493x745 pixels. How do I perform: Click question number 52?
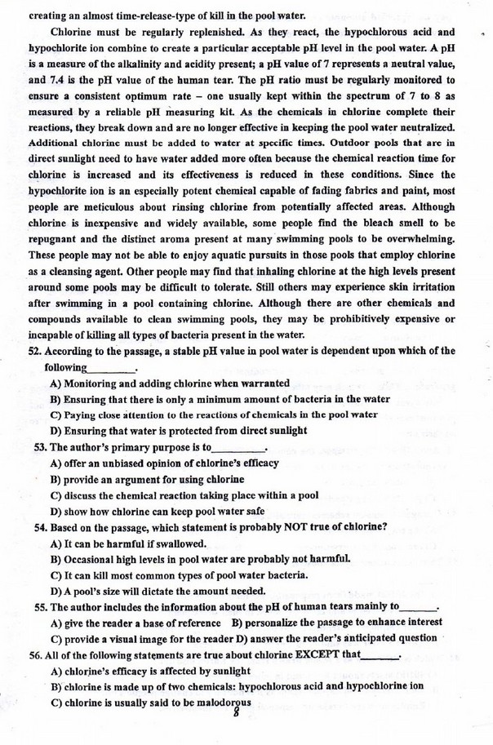36,352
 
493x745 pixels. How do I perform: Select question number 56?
36,654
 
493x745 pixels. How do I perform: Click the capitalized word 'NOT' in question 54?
273,526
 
